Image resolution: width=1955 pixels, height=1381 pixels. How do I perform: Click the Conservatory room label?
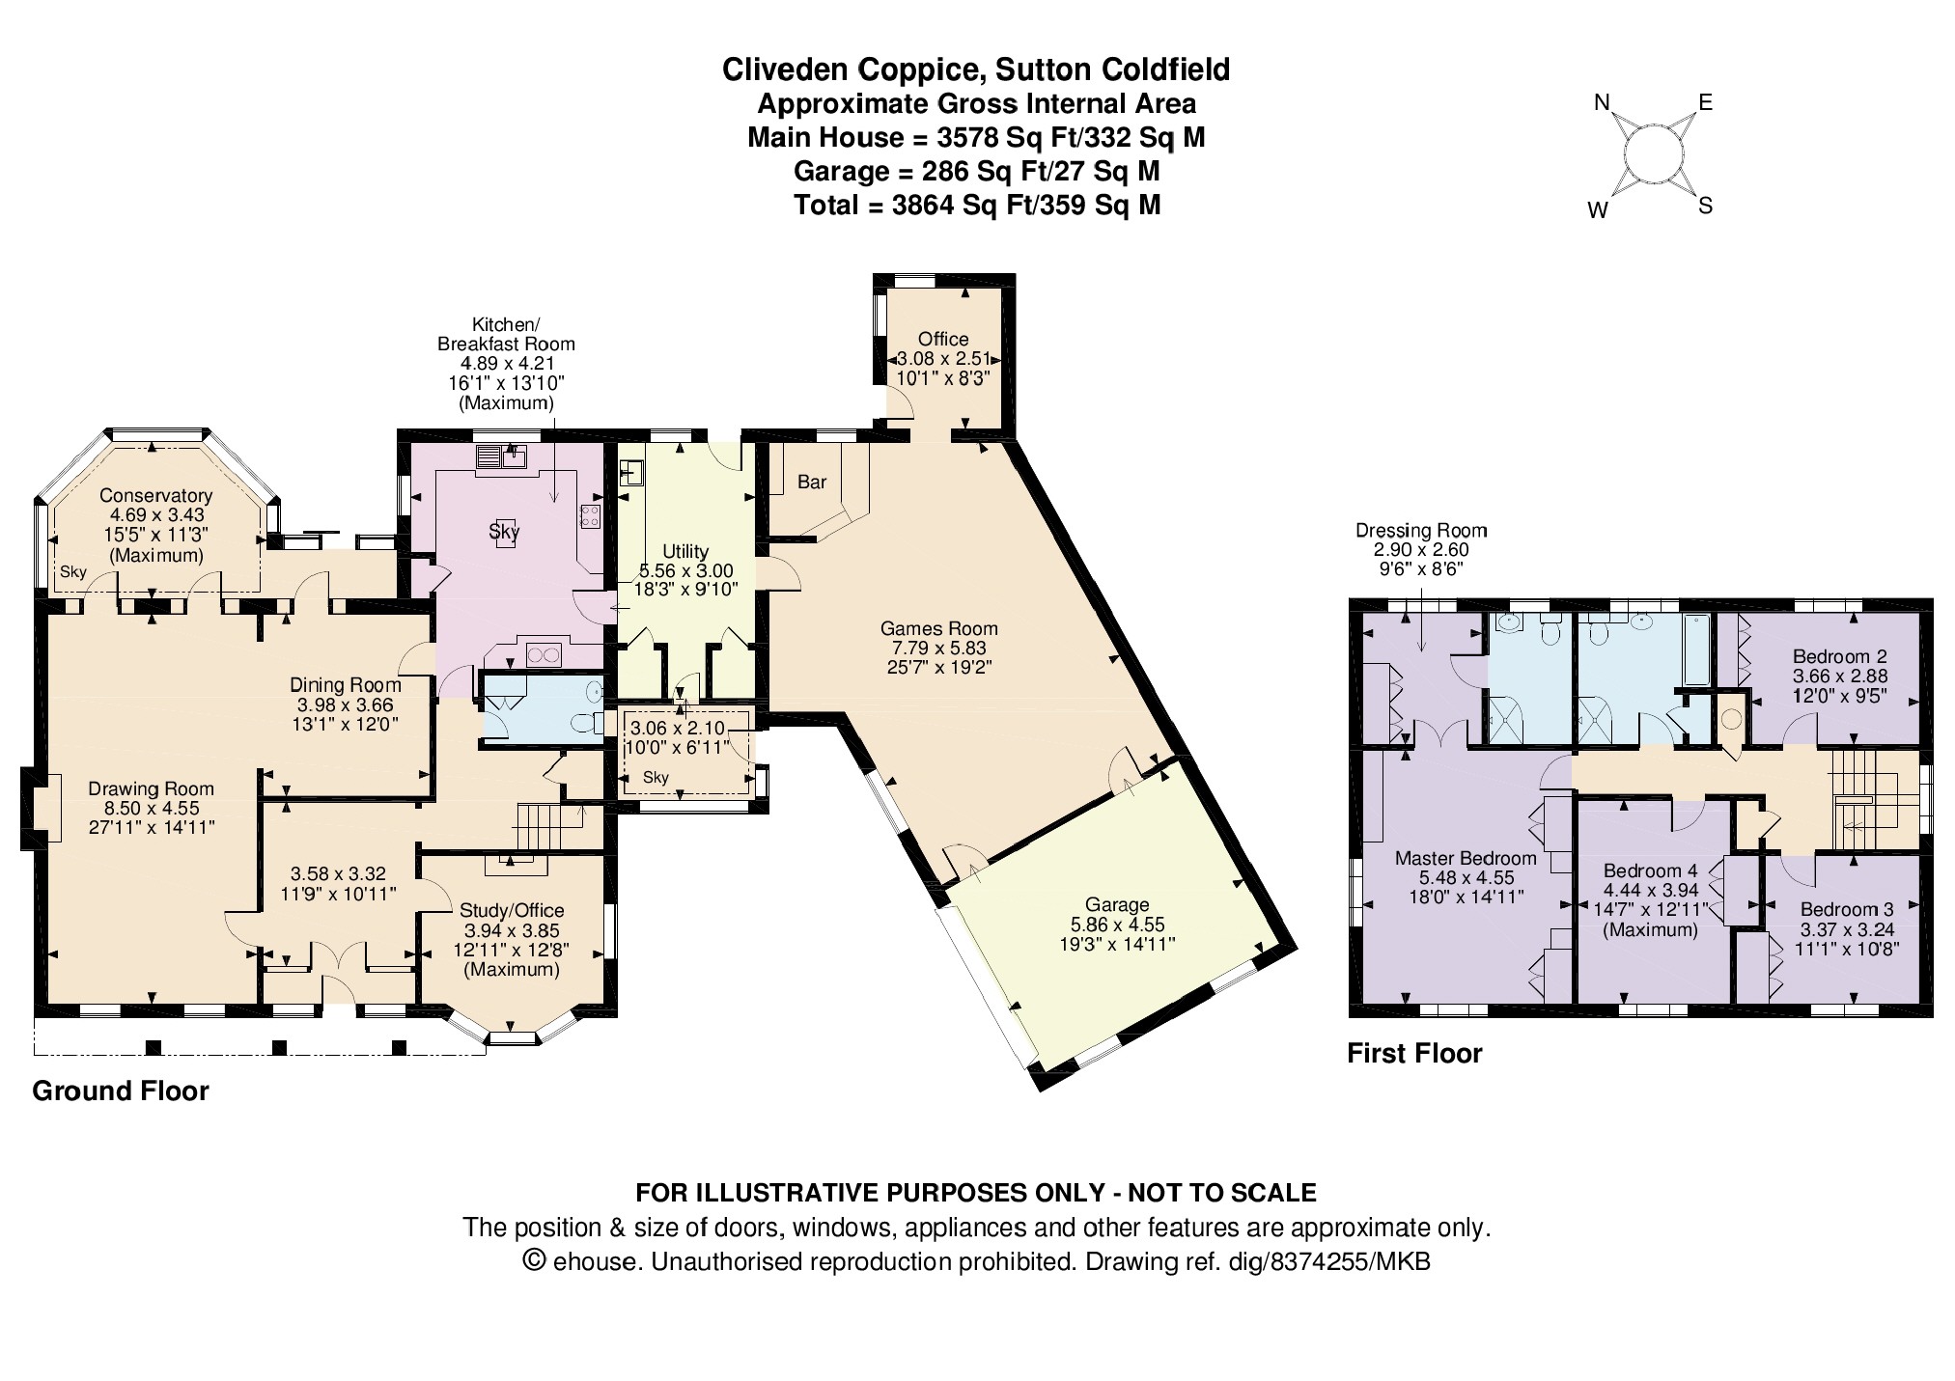coord(155,496)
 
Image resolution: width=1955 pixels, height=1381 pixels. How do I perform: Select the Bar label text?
coord(812,482)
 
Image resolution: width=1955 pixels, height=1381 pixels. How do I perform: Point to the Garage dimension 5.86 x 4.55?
coord(1118,925)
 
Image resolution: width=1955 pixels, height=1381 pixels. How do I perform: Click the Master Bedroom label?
coord(1466,859)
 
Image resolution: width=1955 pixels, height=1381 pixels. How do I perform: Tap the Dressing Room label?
coord(1421,530)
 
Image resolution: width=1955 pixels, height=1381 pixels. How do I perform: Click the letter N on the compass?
coord(1601,103)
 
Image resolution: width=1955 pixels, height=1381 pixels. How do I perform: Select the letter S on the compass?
coord(1705,206)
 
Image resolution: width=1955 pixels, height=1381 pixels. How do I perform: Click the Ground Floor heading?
coord(121,1091)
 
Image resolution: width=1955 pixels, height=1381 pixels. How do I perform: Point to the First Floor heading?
coord(1414,1053)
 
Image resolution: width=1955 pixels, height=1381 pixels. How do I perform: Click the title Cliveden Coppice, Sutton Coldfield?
coord(976,69)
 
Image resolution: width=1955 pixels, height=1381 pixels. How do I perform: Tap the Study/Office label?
coord(512,910)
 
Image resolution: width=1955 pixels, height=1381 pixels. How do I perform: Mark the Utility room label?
coord(685,552)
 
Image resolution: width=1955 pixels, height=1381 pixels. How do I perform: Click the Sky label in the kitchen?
coord(504,531)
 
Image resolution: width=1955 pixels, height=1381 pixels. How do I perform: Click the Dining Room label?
coord(346,684)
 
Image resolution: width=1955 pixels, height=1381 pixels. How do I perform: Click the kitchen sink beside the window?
coord(501,456)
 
